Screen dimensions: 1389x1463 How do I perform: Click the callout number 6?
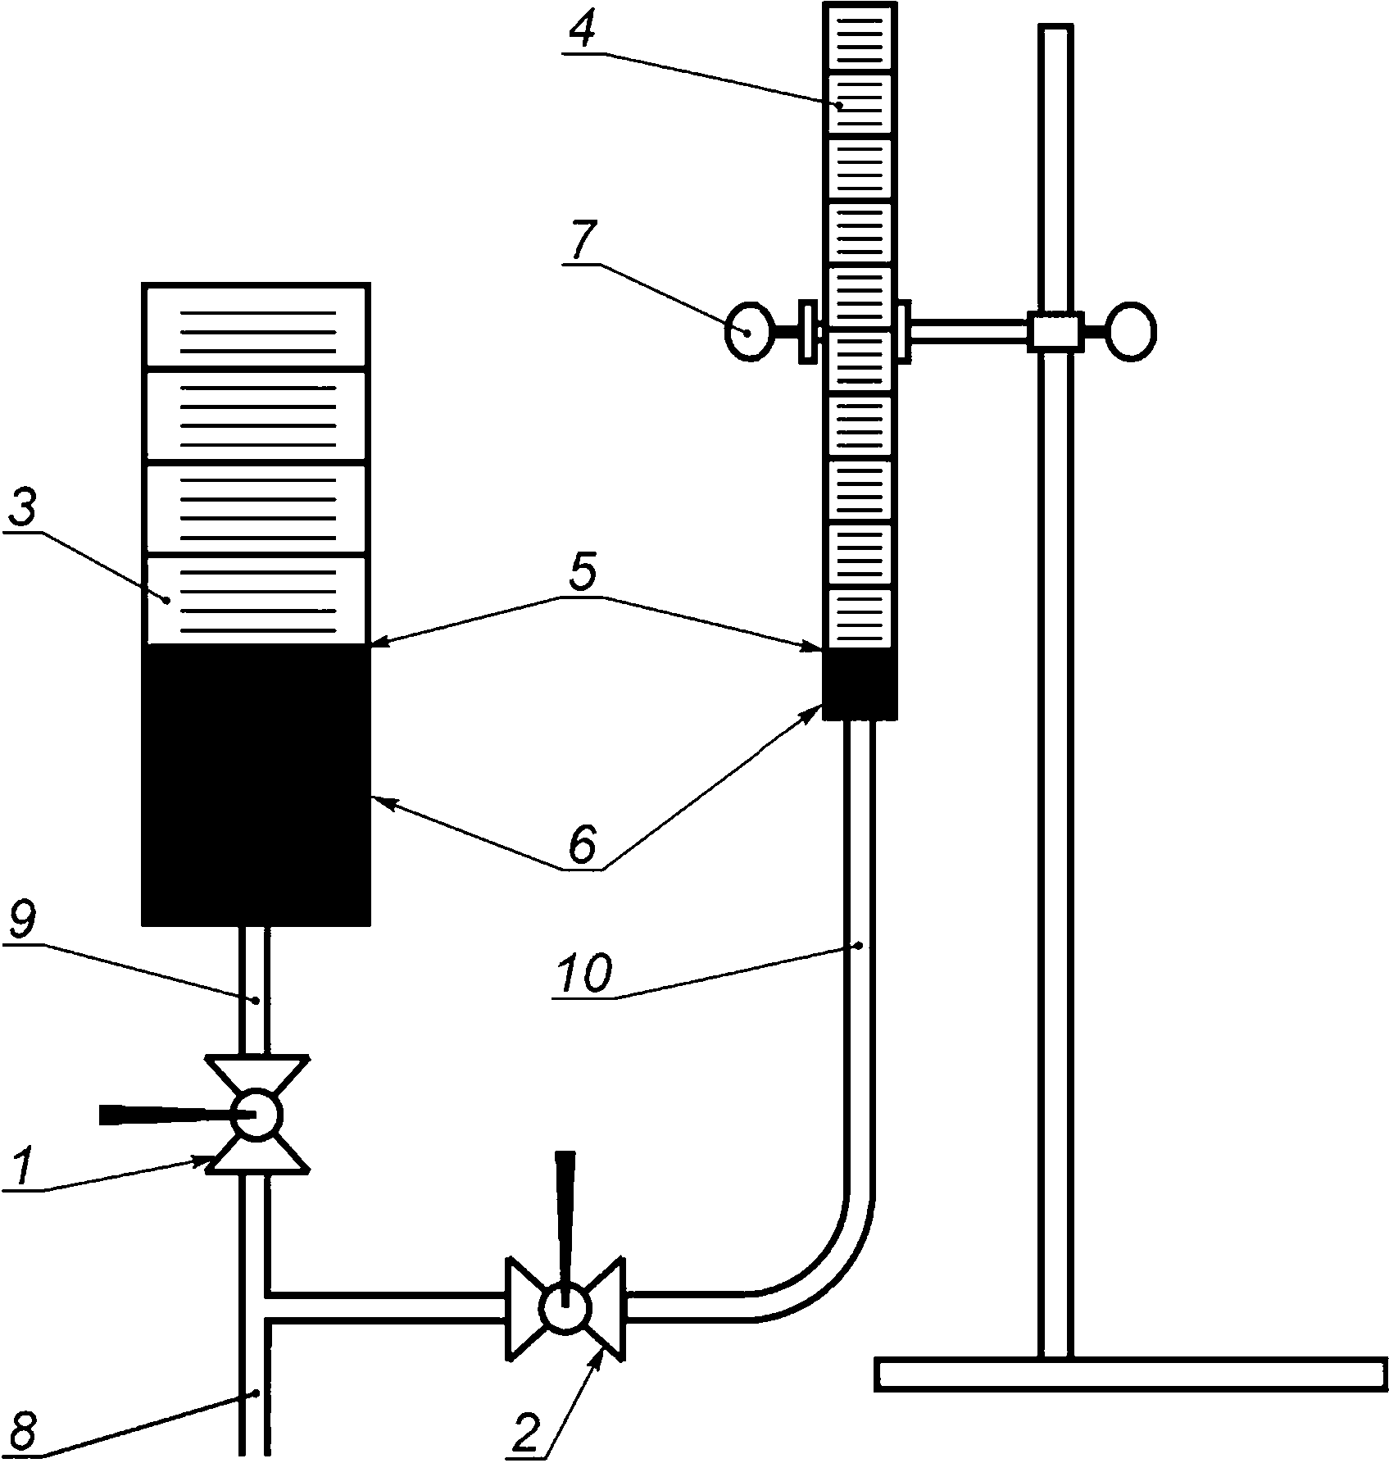pos(582,847)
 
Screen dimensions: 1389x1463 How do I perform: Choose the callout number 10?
pos(583,975)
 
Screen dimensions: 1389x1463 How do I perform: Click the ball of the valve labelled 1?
pos(256,1115)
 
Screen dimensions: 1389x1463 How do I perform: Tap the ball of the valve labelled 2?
pos(565,1307)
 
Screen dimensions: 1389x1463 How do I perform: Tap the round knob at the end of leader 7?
pos(748,332)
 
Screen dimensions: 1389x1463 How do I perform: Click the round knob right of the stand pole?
pos(1132,332)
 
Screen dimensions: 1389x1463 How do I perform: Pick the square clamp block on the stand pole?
pos(1055,331)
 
